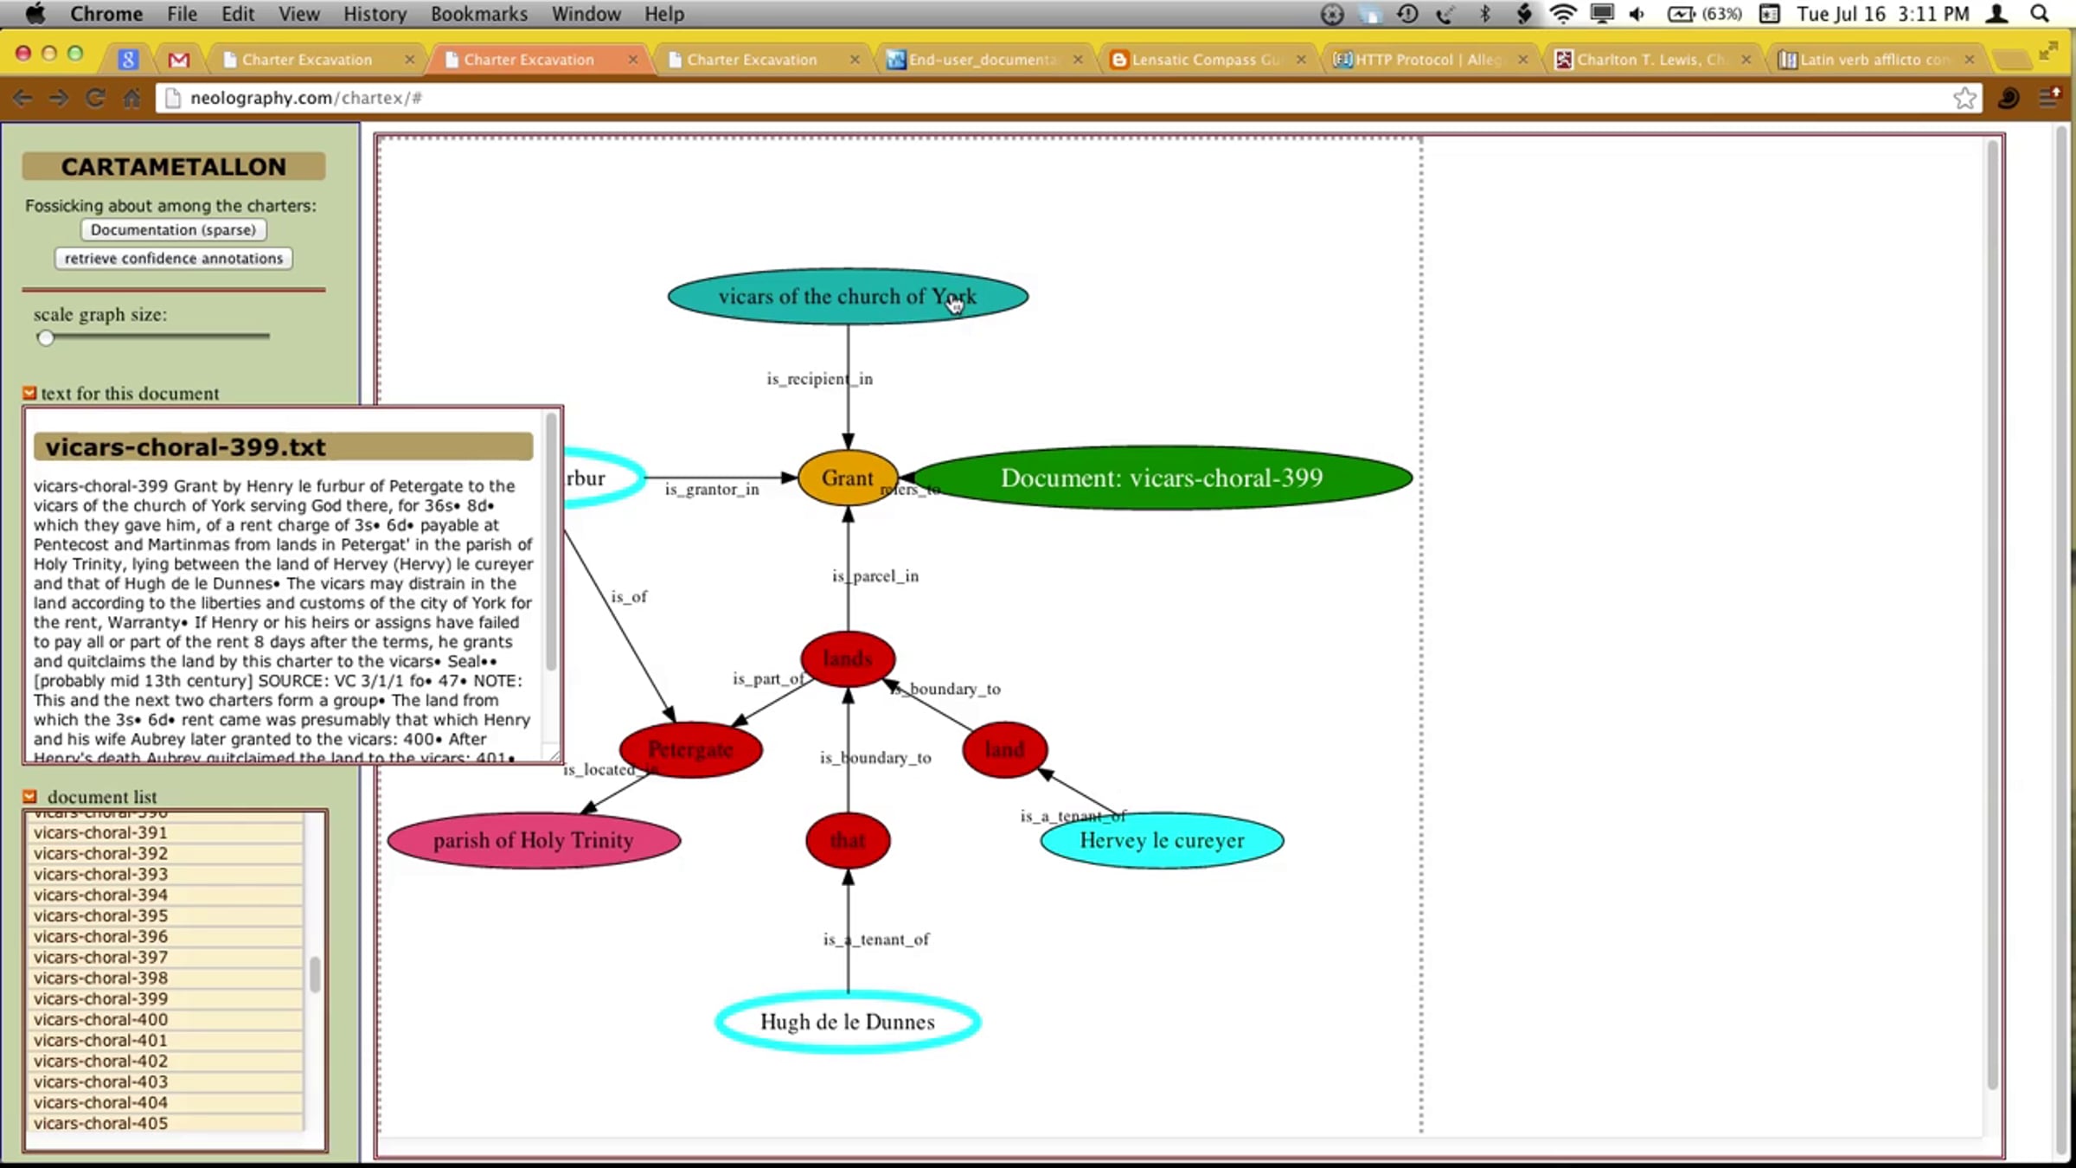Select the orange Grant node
[847, 478]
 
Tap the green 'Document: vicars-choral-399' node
[1161, 478]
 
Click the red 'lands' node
[847, 659]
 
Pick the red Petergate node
[690, 750]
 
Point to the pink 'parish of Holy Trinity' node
[533, 840]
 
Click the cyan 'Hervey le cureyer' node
[1161, 840]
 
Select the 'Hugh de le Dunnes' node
[847, 1022]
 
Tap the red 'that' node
[847, 840]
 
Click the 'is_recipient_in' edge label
[819, 379]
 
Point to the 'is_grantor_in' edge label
[711, 490]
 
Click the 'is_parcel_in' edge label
[875, 576]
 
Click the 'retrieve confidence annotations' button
[173, 259]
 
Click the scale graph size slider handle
[46, 337]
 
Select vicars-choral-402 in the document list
[100, 1061]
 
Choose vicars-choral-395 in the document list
[100, 915]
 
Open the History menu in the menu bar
[374, 14]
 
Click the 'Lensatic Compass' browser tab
[1205, 60]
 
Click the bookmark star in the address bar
[1964, 98]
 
